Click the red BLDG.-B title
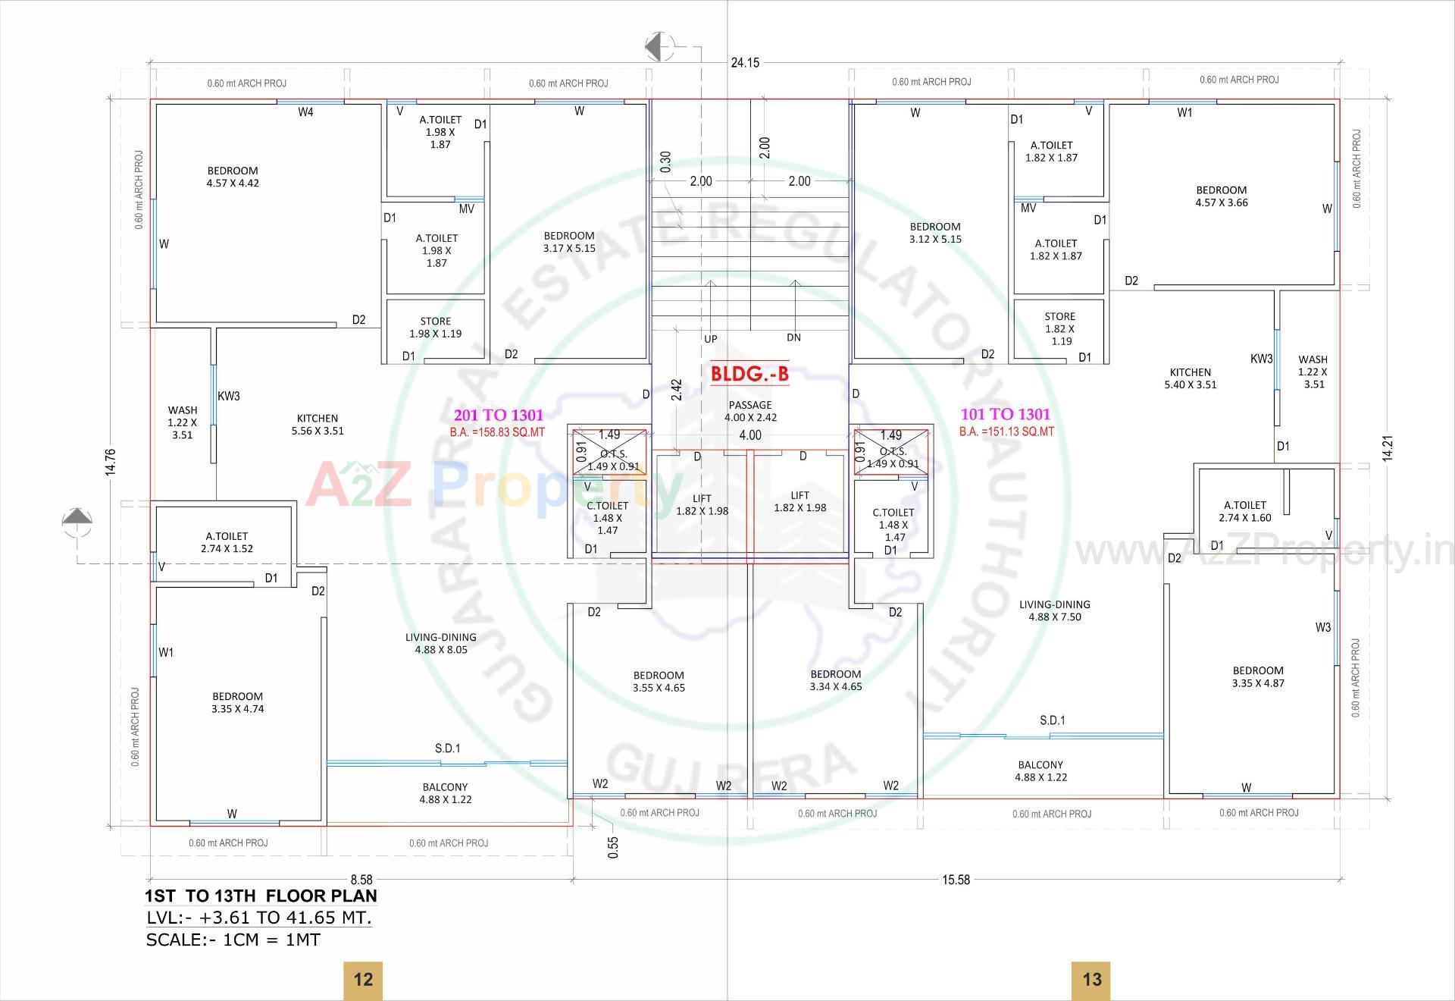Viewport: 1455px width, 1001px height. point(749,373)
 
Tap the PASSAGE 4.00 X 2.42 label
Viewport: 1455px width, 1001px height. point(750,411)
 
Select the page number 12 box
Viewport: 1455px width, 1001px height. point(363,979)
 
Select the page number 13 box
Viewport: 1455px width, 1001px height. point(1091,979)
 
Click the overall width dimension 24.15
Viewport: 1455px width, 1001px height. point(745,63)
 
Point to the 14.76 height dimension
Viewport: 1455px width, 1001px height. point(111,462)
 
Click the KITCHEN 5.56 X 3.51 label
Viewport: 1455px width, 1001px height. point(318,425)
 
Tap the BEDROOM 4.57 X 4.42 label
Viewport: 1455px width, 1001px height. point(233,177)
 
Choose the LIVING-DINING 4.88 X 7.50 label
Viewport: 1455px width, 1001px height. point(1055,610)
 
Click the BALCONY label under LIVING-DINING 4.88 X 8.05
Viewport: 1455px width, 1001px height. point(446,793)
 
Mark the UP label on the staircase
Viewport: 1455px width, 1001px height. point(710,339)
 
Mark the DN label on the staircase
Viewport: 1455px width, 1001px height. point(793,337)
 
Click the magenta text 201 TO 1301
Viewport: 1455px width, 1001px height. point(498,416)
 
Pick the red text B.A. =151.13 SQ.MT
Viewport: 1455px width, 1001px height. point(1006,431)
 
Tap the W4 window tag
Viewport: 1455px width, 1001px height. point(305,112)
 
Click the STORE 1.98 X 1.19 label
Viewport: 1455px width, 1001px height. point(436,328)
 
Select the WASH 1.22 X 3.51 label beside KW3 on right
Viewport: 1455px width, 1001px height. point(1313,372)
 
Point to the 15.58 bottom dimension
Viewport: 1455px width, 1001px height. point(956,880)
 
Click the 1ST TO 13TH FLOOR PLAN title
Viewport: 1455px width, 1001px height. point(261,896)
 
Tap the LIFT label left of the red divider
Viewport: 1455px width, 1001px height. point(702,504)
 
